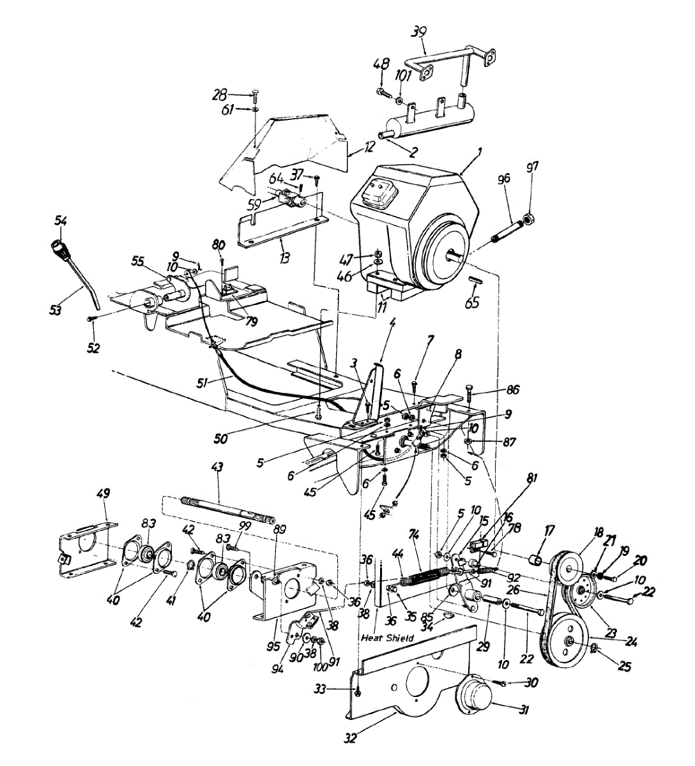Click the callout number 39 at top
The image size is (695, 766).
coord(419,32)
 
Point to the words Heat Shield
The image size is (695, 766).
coord(387,638)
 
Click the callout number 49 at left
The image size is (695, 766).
coord(103,493)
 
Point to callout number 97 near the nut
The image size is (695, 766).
coord(531,167)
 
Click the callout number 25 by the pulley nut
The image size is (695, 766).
coord(624,667)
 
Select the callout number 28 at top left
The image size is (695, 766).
coord(220,96)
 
